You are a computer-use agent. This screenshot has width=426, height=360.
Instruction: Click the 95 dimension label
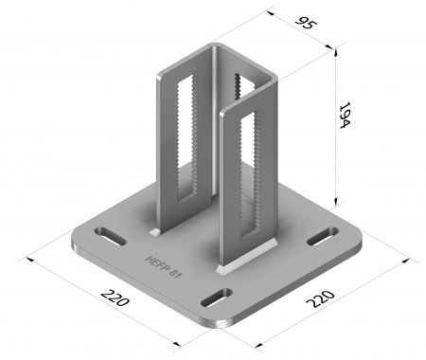[305, 23]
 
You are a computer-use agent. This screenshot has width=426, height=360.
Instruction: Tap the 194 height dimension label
[345, 115]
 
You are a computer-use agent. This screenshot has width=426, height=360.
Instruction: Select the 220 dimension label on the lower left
[115, 297]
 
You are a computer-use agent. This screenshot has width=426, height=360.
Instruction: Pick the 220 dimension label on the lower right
[320, 298]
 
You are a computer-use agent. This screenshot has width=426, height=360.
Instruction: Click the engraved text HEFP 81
[164, 267]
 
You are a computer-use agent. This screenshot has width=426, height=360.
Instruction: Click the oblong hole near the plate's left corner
[111, 236]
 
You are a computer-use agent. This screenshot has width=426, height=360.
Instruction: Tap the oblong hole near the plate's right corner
[323, 236]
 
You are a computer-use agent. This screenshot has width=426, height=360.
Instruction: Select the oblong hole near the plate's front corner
[217, 297]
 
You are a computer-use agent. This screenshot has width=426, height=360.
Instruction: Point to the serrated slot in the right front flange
[250, 174]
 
